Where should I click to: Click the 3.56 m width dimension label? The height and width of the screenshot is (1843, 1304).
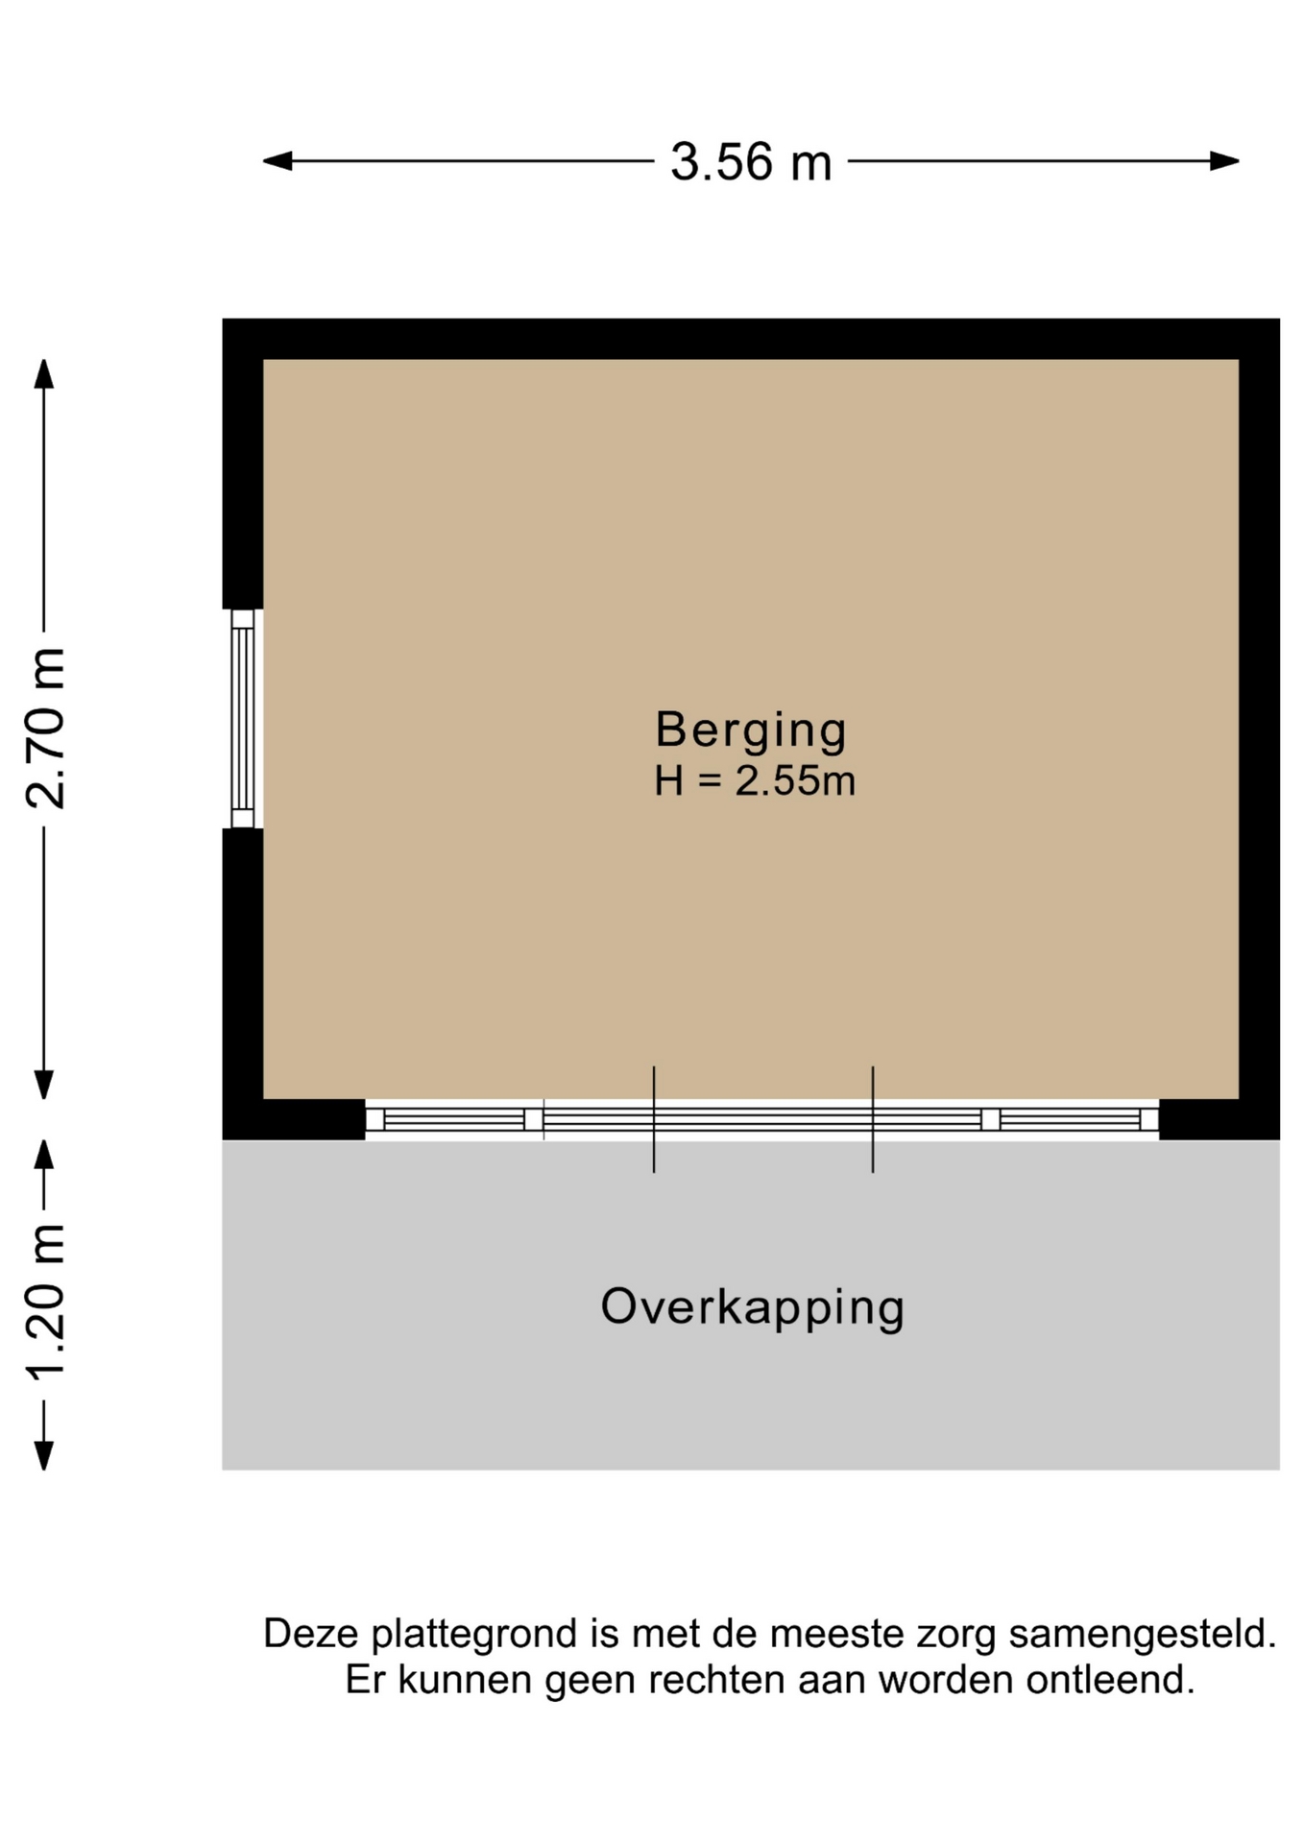tap(751, 161)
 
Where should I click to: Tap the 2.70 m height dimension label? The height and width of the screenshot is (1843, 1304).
tap(45, 729)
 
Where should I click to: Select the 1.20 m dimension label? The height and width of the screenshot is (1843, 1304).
tap(45, 1303)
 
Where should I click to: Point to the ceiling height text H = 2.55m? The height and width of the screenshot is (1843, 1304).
tap(755, 780)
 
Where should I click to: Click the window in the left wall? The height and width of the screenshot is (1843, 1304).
tap(243, 719)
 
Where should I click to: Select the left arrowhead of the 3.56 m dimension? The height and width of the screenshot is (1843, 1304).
tap(278, 161)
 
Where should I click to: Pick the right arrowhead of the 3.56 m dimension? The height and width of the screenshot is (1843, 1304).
tap(1224, 161)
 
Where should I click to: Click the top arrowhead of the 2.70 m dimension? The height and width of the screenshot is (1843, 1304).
tap(44, 373)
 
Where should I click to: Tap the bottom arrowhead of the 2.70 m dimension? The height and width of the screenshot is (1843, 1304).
tap(44, 1085)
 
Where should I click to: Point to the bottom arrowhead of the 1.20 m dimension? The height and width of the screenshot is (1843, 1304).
tap(44, 1455)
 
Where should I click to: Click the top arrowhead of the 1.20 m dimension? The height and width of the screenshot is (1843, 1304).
tap(44, 1155)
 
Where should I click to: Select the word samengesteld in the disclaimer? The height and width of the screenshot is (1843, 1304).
tap(1143, 1634)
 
